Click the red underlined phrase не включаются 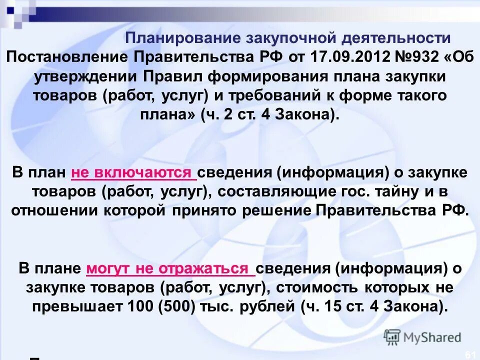(133, 173)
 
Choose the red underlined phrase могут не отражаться (170, 268)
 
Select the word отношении (54, 210)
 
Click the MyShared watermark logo (422, 336)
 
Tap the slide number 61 (469, 354)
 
